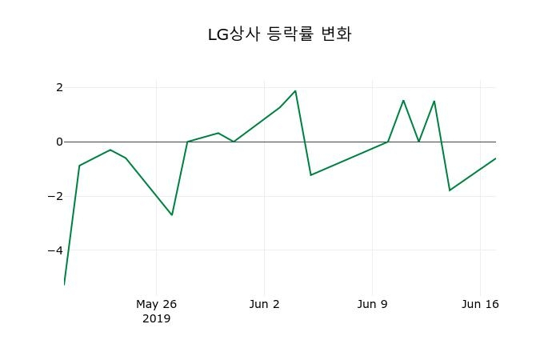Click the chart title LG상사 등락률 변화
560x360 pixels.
[279, 34]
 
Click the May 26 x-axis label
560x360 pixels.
[156, 304]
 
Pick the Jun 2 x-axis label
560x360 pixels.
[265, 304]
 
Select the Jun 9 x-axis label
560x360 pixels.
[372, 304]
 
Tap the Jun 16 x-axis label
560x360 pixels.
[481, 304]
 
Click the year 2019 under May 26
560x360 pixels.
[156, 318]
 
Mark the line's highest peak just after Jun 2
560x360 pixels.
[295, 90]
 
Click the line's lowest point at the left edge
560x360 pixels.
[64, 284]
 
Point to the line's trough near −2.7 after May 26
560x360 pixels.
[171, 214]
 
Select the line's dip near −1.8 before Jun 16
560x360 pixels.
[450, 190]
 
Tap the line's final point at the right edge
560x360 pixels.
[495, 158]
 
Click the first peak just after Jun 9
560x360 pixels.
[403, 100]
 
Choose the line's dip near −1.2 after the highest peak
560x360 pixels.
[310, 174]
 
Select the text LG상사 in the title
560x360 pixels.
[233, 34]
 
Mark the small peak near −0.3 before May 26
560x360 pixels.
[110, 150]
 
